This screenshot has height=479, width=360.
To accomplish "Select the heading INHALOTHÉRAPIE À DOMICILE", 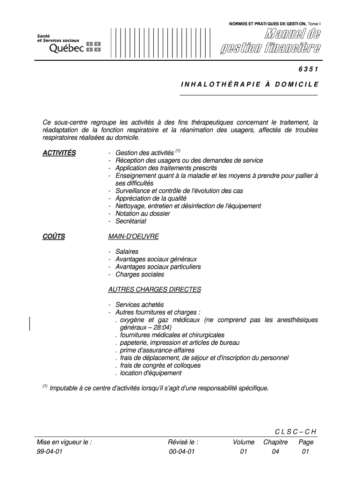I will coord(249,85).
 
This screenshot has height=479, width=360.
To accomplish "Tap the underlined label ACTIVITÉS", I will coord(58,153).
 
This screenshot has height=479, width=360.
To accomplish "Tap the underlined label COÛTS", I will coord(54,236).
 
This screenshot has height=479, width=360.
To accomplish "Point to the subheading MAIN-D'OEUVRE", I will coord(133,236).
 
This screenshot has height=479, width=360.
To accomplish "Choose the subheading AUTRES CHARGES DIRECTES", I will coord(154,290).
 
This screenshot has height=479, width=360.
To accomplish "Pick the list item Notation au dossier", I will coord(143,214).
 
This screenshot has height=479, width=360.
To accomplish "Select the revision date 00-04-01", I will coord(182,451).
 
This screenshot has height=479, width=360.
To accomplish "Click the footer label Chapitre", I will coord(275,442).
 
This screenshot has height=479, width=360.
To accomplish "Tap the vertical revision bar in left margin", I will coord(30,324).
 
